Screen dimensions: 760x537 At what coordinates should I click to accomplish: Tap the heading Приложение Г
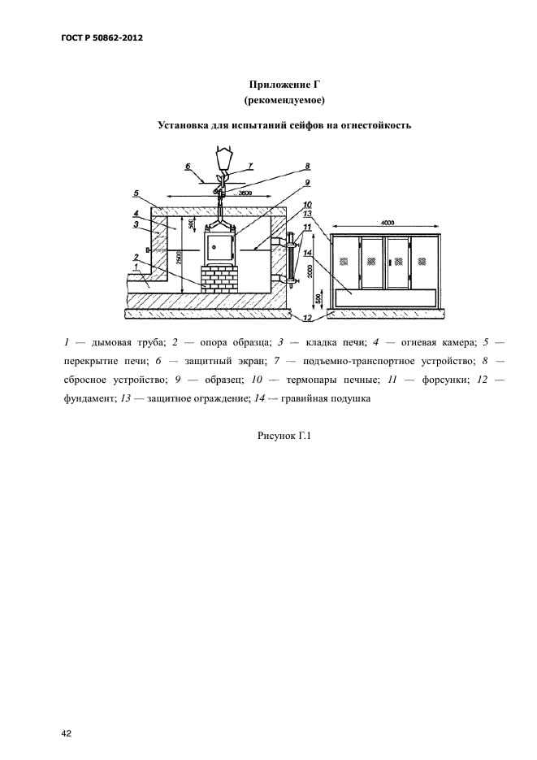(284, 85)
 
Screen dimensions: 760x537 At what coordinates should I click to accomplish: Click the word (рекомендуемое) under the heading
(284, 100)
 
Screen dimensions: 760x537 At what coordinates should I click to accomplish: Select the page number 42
(67, 710)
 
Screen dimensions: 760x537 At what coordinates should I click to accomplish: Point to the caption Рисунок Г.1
(284, 436)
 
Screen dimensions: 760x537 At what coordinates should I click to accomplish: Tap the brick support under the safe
(220, 278)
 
